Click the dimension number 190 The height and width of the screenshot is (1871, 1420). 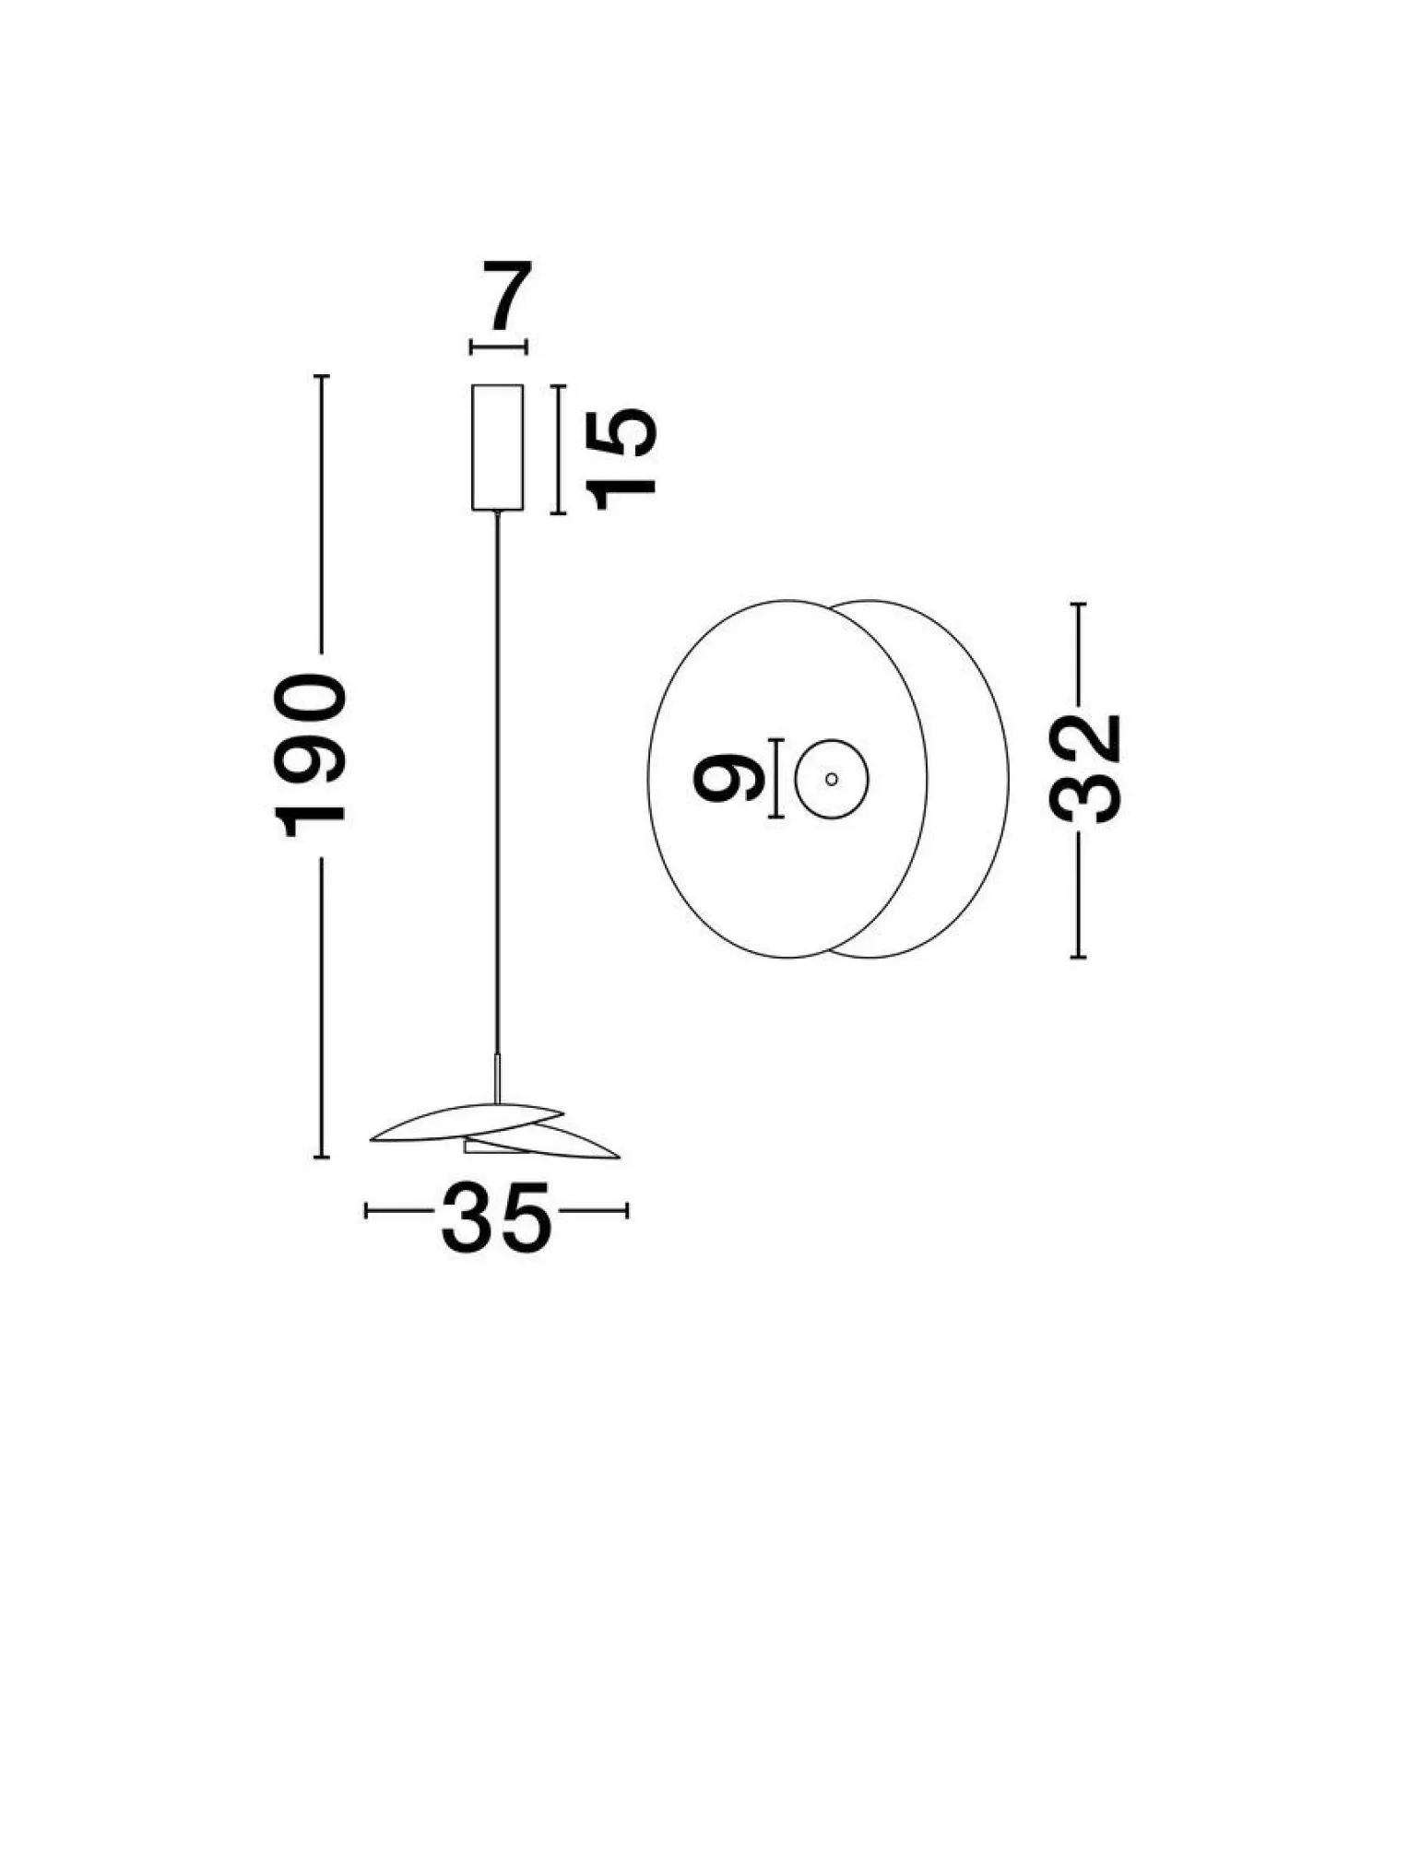[x=311, y=755]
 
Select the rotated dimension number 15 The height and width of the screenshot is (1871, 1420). [x=624, y=458]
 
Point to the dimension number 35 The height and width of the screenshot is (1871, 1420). [x=497, y=1219]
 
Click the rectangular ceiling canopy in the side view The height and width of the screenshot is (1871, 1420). [x=498, y=448]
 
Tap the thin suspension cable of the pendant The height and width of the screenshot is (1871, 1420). [x=499, y=784]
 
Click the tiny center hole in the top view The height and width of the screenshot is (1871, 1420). [x=832, y=779]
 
